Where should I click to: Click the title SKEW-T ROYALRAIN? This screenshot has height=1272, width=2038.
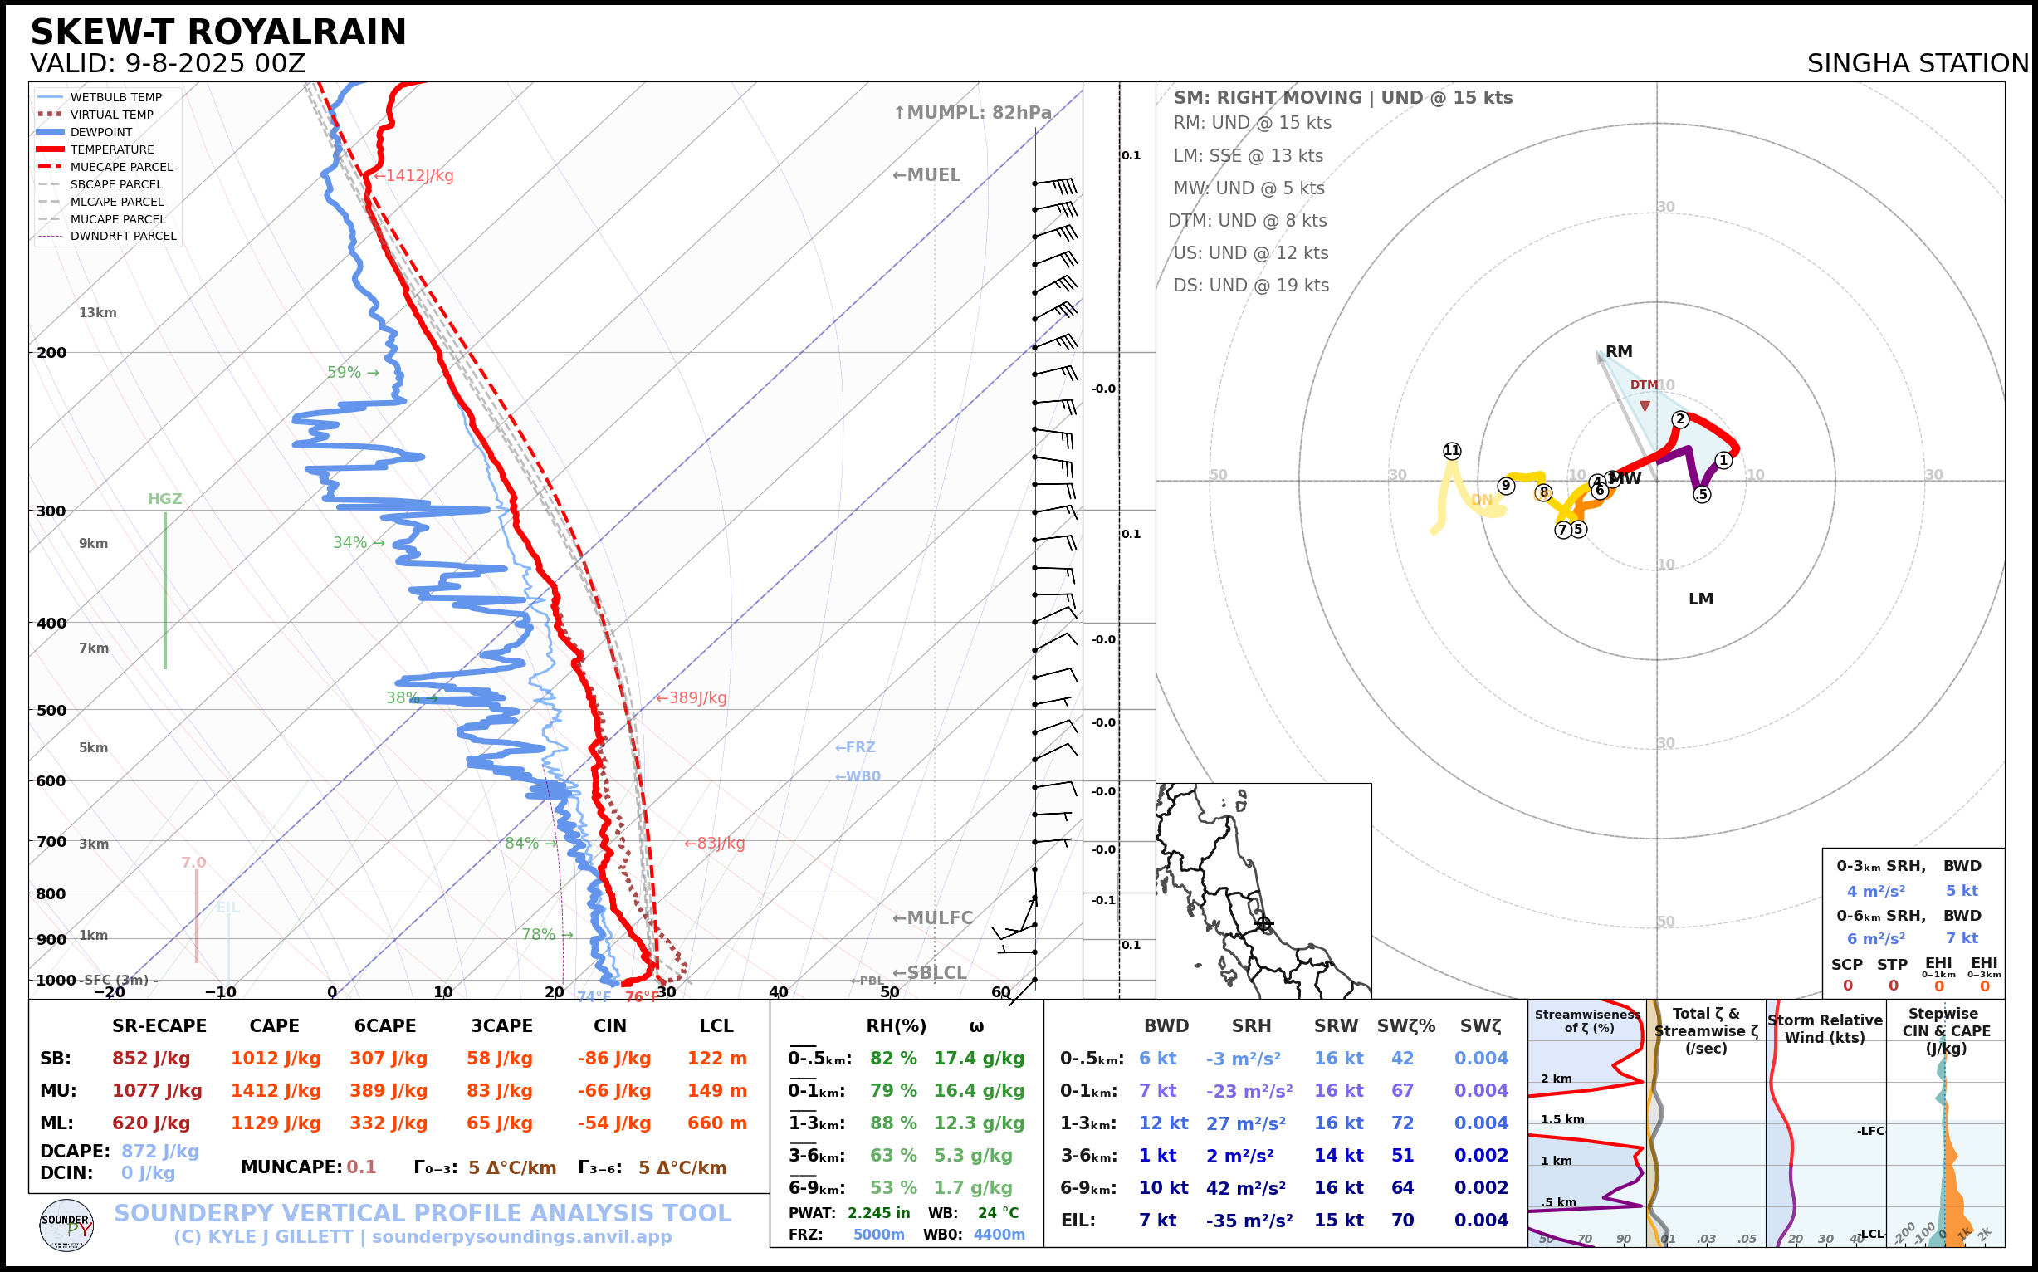[x=217, y=32]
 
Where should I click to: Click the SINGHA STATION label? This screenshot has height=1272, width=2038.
[x=1917, y=63]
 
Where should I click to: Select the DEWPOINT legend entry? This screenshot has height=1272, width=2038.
[x=101, y=132]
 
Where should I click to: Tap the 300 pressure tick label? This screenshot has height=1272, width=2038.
[x=51, y=511]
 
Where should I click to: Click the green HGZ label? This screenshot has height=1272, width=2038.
[x=165, y=499]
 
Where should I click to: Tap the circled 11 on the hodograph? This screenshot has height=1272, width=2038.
[x=1452, y=451]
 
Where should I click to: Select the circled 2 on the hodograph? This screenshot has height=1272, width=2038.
[x=1679, y=419]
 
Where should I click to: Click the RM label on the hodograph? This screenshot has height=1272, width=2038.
[x=1618, y=352]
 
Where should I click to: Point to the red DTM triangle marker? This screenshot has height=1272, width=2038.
[x=1645, y=406]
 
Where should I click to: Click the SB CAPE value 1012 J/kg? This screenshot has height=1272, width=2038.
[x=276, y=1059]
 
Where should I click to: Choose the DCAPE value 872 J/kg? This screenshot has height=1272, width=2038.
[x=160, y=1151]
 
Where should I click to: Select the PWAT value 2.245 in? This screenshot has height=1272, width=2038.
[x=878, y=1213]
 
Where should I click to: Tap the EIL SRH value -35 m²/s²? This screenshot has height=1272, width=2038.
[x=1249, y=1220]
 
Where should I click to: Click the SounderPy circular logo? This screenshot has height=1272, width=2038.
[x=66, y=1225]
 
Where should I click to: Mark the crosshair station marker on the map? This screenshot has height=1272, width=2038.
[x=1263, y=924]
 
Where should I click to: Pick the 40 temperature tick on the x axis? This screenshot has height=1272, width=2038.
[x=778, y=992]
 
